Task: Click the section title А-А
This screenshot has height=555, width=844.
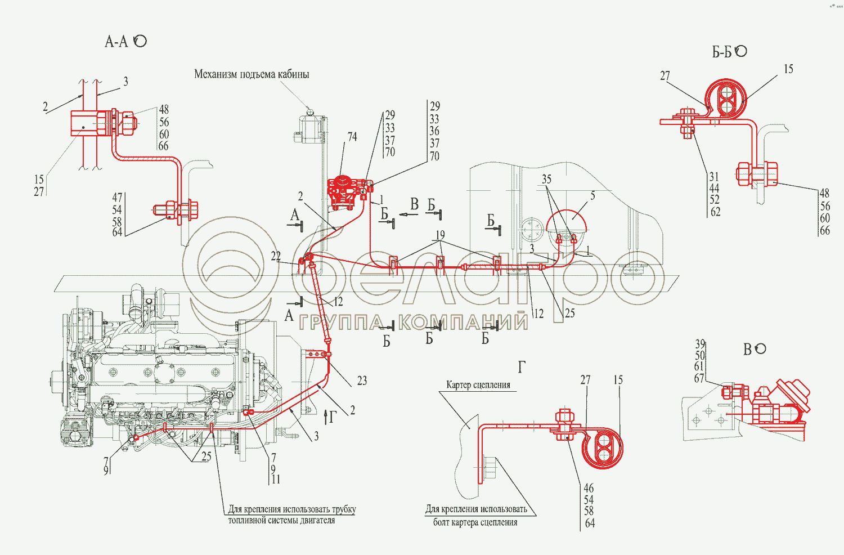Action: (x=117, y=42)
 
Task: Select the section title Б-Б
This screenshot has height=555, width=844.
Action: (x=722, y=52)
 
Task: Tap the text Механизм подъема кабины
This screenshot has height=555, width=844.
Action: (x=252, y=74)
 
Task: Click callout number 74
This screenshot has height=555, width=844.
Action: (x=352, y=137)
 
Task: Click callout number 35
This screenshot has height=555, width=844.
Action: (x=546, y=180)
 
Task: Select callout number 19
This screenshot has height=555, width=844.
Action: (x=440, y=235)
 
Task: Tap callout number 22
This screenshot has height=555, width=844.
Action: (x=276, y=257)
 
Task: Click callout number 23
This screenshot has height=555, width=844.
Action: (x=362, y=381)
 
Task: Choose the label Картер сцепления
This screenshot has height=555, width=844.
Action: (x=478, y=385)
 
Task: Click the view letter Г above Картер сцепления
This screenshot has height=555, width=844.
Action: (x=522, y=367)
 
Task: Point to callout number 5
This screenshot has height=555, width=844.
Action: (x=592, y=196)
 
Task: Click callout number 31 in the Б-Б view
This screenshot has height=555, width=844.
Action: (x=714, y=177)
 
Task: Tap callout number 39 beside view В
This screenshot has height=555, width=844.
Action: (x=700, y=344)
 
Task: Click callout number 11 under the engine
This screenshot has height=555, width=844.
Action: (x=276, y=480)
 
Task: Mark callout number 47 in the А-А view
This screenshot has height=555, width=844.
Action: (x=117, y=198)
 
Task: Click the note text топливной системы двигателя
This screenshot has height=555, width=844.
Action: (x=281, y=521)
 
